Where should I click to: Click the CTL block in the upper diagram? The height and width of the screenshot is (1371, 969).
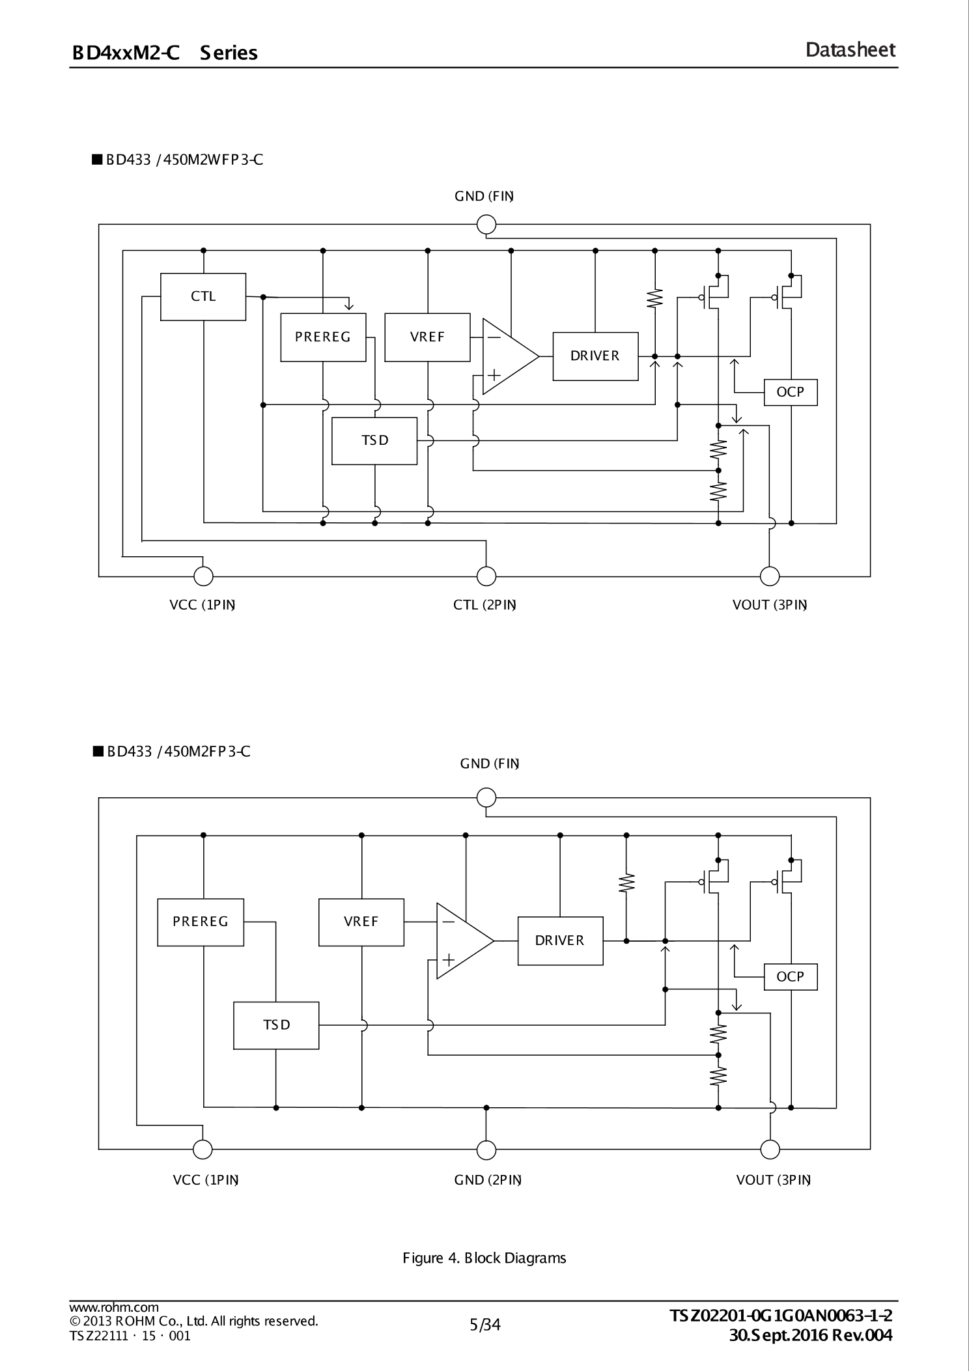coord(203,297)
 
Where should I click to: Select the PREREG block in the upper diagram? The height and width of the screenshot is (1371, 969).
coord(323,337)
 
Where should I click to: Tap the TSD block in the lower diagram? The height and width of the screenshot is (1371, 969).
coord(276,1025)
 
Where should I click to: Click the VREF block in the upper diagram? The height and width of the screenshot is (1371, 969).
coord(427,337)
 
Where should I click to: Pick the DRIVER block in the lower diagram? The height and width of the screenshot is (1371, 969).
coord(560,940)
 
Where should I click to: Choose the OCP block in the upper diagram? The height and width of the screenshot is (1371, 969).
coord(790,392)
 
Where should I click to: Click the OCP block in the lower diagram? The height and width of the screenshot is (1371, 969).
coord(790,977)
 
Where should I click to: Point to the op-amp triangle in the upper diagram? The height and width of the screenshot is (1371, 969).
coord(507,356)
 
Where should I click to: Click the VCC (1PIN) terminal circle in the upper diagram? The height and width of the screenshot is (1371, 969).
coord(203,576)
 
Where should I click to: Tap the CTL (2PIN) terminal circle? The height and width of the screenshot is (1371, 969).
coord(486,576)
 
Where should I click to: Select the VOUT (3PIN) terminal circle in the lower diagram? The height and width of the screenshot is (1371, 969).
coord(770,1150)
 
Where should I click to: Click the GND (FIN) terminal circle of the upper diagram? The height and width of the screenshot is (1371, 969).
coord(486,225)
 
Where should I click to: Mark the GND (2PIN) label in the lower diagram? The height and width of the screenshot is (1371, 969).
coord(488,1180)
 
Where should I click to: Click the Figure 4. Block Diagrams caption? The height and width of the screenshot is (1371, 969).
coord(484,1258)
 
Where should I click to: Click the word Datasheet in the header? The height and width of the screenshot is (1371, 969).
coord(850,50)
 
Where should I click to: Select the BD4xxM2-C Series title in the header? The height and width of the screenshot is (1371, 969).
coord(165,53)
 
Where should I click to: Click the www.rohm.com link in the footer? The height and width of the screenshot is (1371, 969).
coord(114,1307)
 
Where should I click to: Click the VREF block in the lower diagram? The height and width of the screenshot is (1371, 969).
coord(361,922)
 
